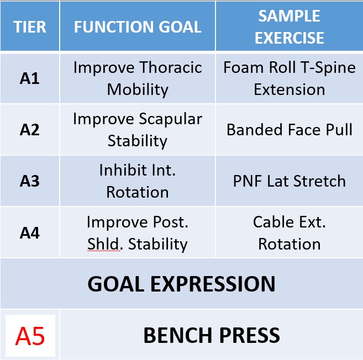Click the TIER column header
pos(30,27)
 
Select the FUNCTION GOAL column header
pos(138,27)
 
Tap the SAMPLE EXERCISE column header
pos(289,27)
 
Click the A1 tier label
pos(30,78)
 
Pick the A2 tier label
pos(30,130)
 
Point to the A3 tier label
pos(30,181)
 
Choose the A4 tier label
pos(30,233)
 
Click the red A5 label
pos(30,336)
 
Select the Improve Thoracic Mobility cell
pos(138,78)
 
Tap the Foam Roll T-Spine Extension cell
pos(289,78)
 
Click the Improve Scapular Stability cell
pos(138,130)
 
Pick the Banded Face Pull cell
pos(289,130)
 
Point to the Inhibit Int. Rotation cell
pos(138,181)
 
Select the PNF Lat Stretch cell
pos(289,181)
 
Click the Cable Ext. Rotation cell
pos(289,233)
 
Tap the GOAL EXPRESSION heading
pos(181,284)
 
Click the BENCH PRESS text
pos(212,335)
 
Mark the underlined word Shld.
pos(103,244)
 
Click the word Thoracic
pos(171,67)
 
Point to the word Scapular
pos(171,119)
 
